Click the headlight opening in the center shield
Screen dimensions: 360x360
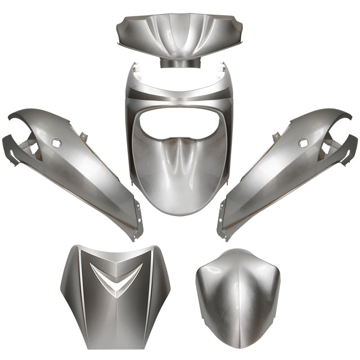pos(178,125)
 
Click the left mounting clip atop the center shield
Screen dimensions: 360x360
pos(134,70)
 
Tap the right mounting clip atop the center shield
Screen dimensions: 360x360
pos(223,70)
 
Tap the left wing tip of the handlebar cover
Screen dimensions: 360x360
pos(120,39)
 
